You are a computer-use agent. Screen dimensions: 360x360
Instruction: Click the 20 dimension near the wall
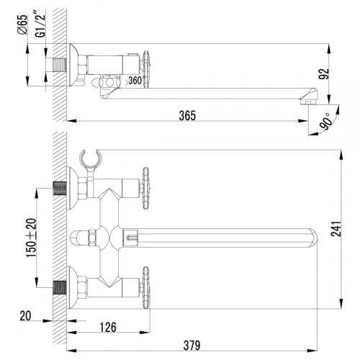[26, 315]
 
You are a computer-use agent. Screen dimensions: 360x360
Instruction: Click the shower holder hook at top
[92, 158]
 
